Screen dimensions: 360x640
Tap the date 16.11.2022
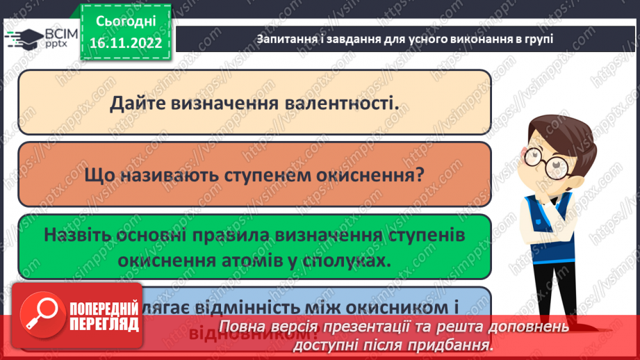click(126, 42)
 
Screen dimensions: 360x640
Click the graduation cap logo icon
click(19, 38)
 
